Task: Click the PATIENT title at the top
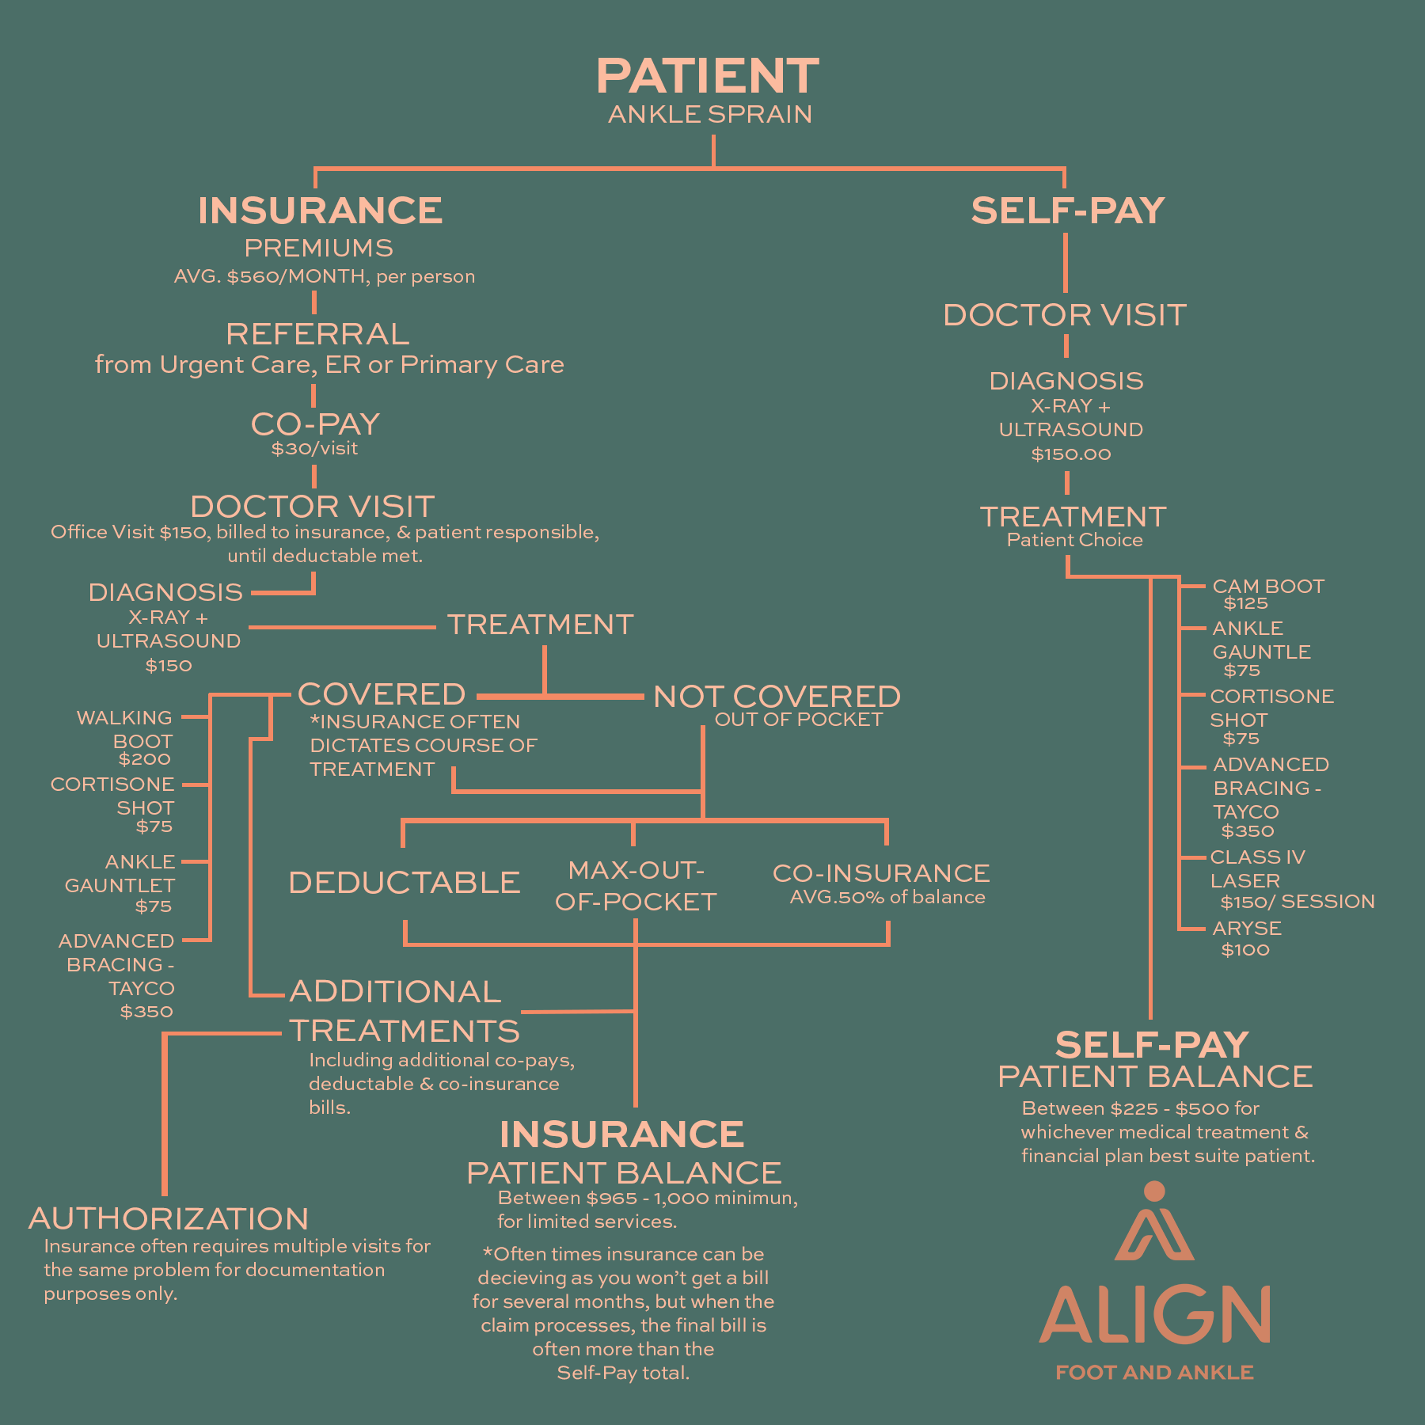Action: point(707,77)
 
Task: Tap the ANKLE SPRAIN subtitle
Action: point(710,115)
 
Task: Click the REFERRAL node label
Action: point(317,334)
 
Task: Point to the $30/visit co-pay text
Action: point(314,449)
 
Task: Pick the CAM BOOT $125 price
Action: point(1245,604)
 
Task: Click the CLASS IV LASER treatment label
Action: point(1257,868)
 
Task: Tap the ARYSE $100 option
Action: point(1246,939)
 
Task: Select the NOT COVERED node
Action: point(777,697)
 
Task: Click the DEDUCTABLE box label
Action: point(404,883)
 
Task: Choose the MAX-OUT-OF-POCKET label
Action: point(636,886)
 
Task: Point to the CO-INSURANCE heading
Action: point(881,873)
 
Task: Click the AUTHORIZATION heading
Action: point(169,1219)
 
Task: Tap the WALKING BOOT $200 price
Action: point(144,759)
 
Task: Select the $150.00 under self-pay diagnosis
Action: point(1070,454)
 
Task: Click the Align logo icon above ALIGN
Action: point(1153,1224)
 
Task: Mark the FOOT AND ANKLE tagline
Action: point(1154,1373)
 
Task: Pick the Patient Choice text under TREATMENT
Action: point(1074,541)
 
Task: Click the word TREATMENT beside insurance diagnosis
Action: point(540,625)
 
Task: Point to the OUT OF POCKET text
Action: point(798,720)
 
